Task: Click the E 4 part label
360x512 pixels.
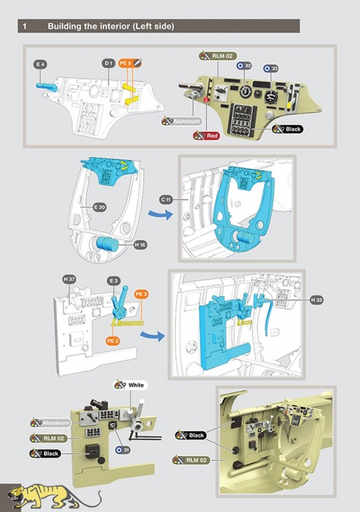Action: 40,65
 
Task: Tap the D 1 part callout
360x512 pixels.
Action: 108,63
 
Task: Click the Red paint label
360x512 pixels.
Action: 207,136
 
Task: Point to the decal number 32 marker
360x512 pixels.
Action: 244,66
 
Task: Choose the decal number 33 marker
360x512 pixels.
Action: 271,68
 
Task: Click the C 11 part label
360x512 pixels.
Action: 166,200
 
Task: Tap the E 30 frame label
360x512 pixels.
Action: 100,207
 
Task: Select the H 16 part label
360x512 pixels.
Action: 140,244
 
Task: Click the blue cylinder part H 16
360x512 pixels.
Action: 107,244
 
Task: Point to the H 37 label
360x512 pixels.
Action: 69,280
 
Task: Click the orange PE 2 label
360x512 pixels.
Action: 113,341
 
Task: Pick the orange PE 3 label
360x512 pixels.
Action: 141,294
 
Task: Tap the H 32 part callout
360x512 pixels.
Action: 317,300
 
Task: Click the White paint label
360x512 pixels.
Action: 130,385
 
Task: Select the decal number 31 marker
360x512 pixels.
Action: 123,450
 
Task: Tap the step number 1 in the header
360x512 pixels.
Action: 24,26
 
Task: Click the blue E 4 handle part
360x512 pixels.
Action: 47,87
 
